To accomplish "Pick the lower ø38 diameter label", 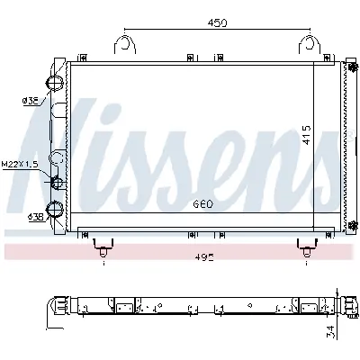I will click(36, 217).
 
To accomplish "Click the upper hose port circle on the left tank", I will click(57, 82).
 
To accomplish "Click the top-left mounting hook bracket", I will click(125, 45).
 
